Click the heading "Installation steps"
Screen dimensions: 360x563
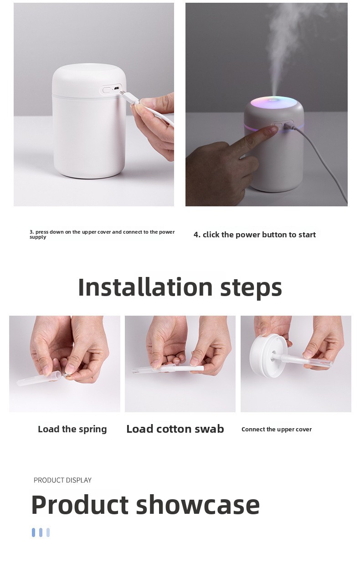coord(180,287)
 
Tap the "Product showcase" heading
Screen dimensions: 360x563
coord(145,504)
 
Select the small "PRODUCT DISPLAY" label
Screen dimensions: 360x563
coord(62,480)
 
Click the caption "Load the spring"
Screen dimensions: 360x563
coord(72,429)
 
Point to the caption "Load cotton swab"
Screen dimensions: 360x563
coord(175,429)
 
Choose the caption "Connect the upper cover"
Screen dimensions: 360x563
coord(277,429)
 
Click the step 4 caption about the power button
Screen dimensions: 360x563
coord(255,235)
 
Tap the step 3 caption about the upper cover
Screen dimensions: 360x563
coord(102,234)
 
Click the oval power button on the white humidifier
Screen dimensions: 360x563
coord(107,90)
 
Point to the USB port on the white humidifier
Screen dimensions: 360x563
coord(117,89)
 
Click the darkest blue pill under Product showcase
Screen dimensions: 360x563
coord(33,532)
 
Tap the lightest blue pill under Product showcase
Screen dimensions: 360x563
coord(48,532)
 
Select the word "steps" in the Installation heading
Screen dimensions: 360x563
coord(251,288)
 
